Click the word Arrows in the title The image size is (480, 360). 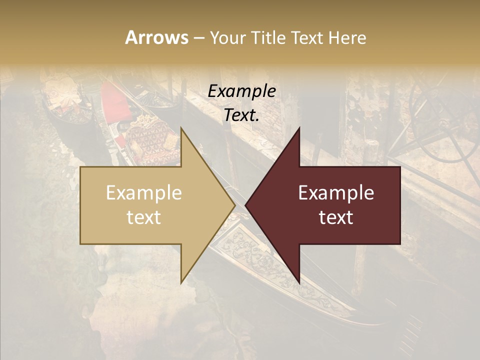[x=156, y=37]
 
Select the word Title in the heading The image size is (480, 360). [x=273, y=37]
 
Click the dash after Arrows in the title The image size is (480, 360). [x=199, y=38]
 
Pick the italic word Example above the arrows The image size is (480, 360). [x=241, y=91]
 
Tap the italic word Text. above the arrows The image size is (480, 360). [x=241, y=115]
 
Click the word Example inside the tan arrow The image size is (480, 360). [x=143, y=193]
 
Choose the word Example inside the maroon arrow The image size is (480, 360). [x=336, y=193]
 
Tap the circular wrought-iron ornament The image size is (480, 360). [x=440, y=120]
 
